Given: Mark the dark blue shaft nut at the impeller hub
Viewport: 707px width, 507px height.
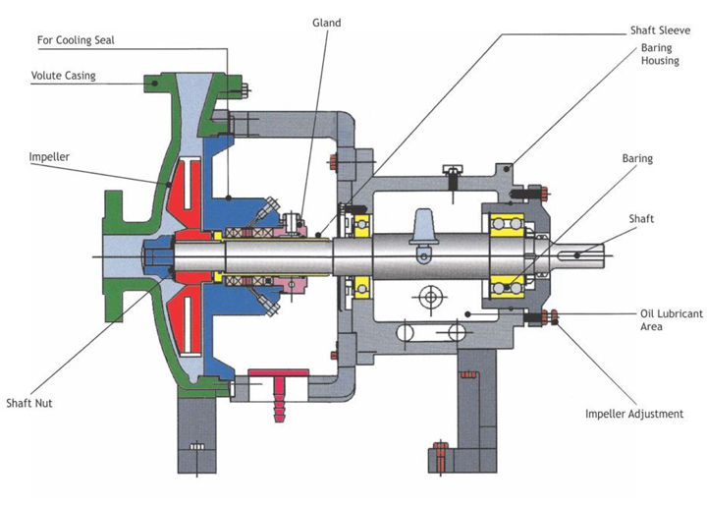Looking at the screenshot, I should click(154, 256).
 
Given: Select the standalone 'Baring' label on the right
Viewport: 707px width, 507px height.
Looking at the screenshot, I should click(637, 157).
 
